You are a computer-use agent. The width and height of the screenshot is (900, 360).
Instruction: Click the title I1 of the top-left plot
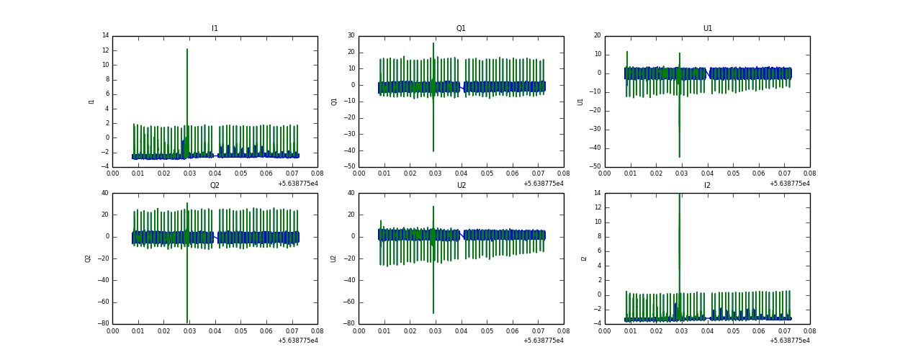pyautogui.click(x=215, y=29)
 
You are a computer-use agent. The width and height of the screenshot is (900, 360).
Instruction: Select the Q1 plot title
pyautogui.click(x=461, y=29)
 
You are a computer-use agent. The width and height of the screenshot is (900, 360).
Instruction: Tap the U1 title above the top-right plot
pyautogui.click(x=707, y=29)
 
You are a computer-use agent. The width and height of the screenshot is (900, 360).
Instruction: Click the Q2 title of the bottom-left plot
pyautogui.click(x=215, y=185)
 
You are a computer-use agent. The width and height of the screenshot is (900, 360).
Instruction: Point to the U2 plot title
pyautogui.click(x=461, y=185)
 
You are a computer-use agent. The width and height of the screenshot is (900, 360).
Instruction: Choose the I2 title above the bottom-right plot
pyautogui.click(x=707, y=185)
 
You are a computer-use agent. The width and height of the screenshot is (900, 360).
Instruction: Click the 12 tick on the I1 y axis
pyautogui.click(x=104, y=50)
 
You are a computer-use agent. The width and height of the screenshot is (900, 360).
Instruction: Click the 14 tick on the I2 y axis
pyautogui.click(x=597, y=193)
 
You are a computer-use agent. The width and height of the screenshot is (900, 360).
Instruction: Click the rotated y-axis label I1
pyautogui.click(x=91, y=102)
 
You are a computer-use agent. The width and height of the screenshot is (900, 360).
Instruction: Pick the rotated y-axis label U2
pyautogui.click(x=334, y=258)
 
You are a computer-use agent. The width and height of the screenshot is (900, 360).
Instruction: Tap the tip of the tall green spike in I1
pyautogui.click(x=187, y=49)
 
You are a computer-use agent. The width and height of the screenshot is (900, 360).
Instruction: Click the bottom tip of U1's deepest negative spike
pyautogui.click(x=679, y=157)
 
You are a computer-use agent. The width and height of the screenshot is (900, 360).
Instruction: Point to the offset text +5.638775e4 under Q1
pyautogui.click(x=543, y=183)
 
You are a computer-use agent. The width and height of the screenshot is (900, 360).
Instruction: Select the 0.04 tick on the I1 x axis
pyautogui.click(x=215, y=174)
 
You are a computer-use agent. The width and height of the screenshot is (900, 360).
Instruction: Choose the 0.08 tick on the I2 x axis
pyautogui.click(x=809, y=330)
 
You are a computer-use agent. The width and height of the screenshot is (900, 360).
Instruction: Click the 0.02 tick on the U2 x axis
pyautogui.click(x=410, y=330)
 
